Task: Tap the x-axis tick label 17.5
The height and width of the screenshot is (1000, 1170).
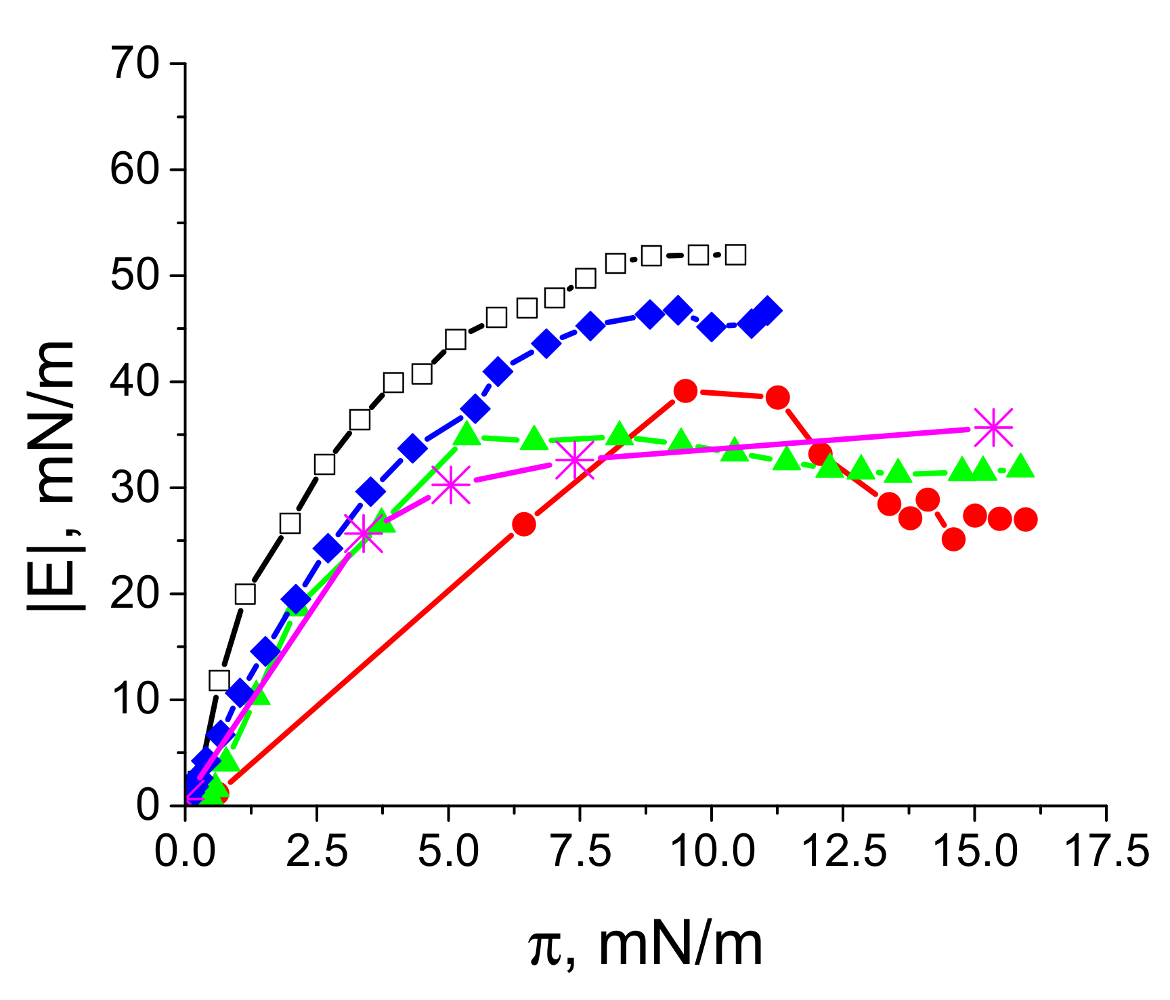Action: pyautogui.click(x=1107, y=851)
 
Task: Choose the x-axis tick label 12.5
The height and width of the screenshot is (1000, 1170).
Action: pyautogui.click(x=843, y=851)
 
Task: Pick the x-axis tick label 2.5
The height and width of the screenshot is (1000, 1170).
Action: pyautogui.click(x=317, y=851)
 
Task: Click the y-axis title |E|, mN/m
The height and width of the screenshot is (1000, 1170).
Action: pyautogui.click(x=51, y=474)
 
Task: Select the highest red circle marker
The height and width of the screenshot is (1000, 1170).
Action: pyautogui.click(x=686, y=391)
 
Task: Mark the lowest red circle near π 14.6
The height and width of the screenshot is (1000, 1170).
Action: pyautogui.click(x=953, y=540)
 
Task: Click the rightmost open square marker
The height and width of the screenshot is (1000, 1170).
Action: pyautogui.click(x=735, y=255)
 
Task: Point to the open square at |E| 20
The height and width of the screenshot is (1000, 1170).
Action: pyautogui.click(x=245, y=594)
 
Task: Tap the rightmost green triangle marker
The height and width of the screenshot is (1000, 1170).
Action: pyautogui.click(x=1021, y=467)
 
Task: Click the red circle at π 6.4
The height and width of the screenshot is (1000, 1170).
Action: pyautogui.click(x=524, y=524)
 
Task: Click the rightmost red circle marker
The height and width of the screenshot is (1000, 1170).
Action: pyautogui.click(x=1026, y=520)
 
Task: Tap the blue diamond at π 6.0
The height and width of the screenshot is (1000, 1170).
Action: pyautogui.click(x=498, y=372)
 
